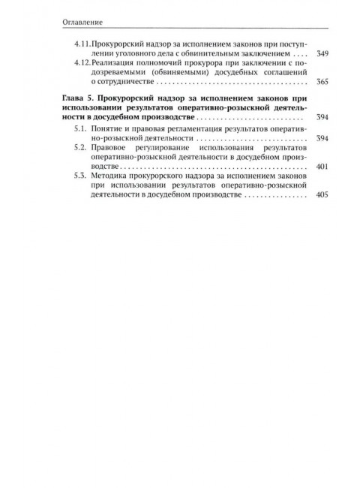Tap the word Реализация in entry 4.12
tap(106, 65)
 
